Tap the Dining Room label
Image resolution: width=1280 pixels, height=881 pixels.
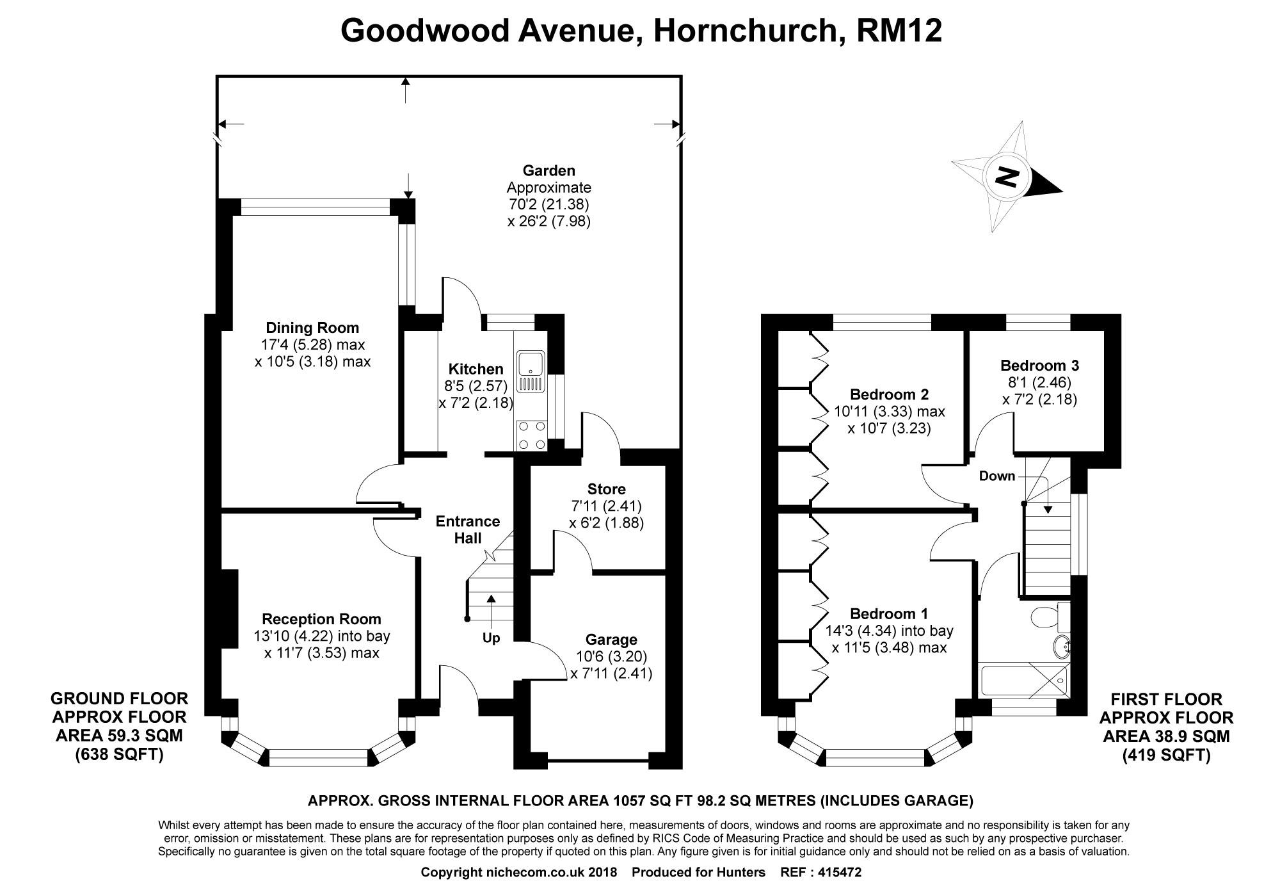pyautogui.click(x=312, y=328)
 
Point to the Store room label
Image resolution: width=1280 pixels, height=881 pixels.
pyautogui.click(x=606, y=489)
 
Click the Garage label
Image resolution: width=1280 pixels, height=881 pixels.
pyautogui.click(x=611, y=640)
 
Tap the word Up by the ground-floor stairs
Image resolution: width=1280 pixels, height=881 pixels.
pyautogui.click(x=491, y=638)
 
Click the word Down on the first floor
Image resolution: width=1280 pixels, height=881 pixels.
pyautogui.click(x=996, y=476)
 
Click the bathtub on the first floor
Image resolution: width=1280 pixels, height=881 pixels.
pyautogui.click(x=1024, y=681)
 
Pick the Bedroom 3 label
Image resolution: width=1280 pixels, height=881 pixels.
pyautogui.click(x=1039, y=366)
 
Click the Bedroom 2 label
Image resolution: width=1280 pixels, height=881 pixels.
pyautogui.click(x=889, y=394)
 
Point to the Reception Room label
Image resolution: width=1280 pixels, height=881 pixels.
pyautogui.click(x=321, y=619)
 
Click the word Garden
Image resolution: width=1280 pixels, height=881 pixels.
pyautogui.click(x=548, y=170)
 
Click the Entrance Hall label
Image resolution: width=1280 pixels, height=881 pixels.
pyautogui.click(x=467, y=529)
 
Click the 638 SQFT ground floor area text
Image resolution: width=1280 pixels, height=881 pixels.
pyautogui.click(x=119, y=754)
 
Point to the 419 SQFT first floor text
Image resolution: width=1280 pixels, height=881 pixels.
pyautogui.click(x=1166, y=756)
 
